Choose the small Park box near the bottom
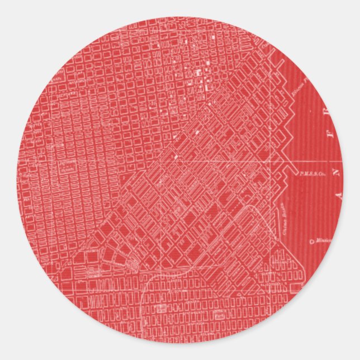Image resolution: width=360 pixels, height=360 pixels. (162, 307)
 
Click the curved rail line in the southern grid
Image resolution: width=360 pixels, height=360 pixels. (146, 291)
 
